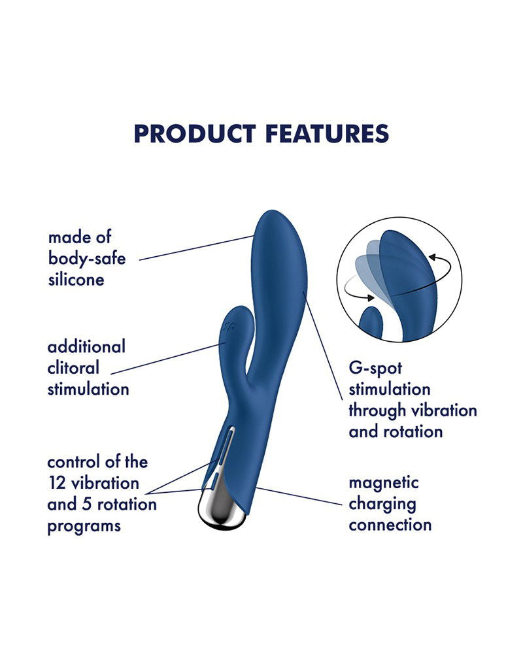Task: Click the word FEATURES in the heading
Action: click(327, 133)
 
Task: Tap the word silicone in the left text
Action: click(76, 280)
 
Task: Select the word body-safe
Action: click(87, 258)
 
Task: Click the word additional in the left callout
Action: click(86, 346)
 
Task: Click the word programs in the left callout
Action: click(84, 526)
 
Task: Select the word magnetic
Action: click(384, 483)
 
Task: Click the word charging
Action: click(382, 504)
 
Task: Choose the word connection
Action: click(390, 525)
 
